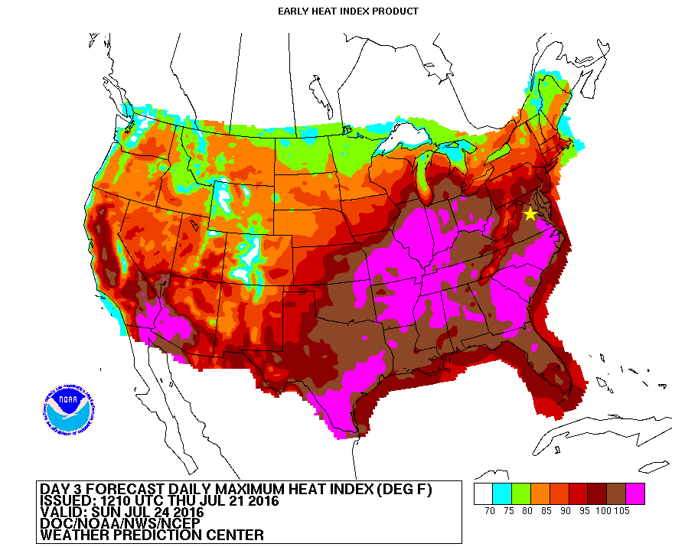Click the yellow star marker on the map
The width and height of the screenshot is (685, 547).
coord(530,214)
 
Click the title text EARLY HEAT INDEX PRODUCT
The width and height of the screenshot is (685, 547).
coord(348,11)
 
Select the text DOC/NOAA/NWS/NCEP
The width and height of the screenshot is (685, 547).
coord(119,523)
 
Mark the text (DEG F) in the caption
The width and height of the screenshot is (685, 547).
coord(402,490)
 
